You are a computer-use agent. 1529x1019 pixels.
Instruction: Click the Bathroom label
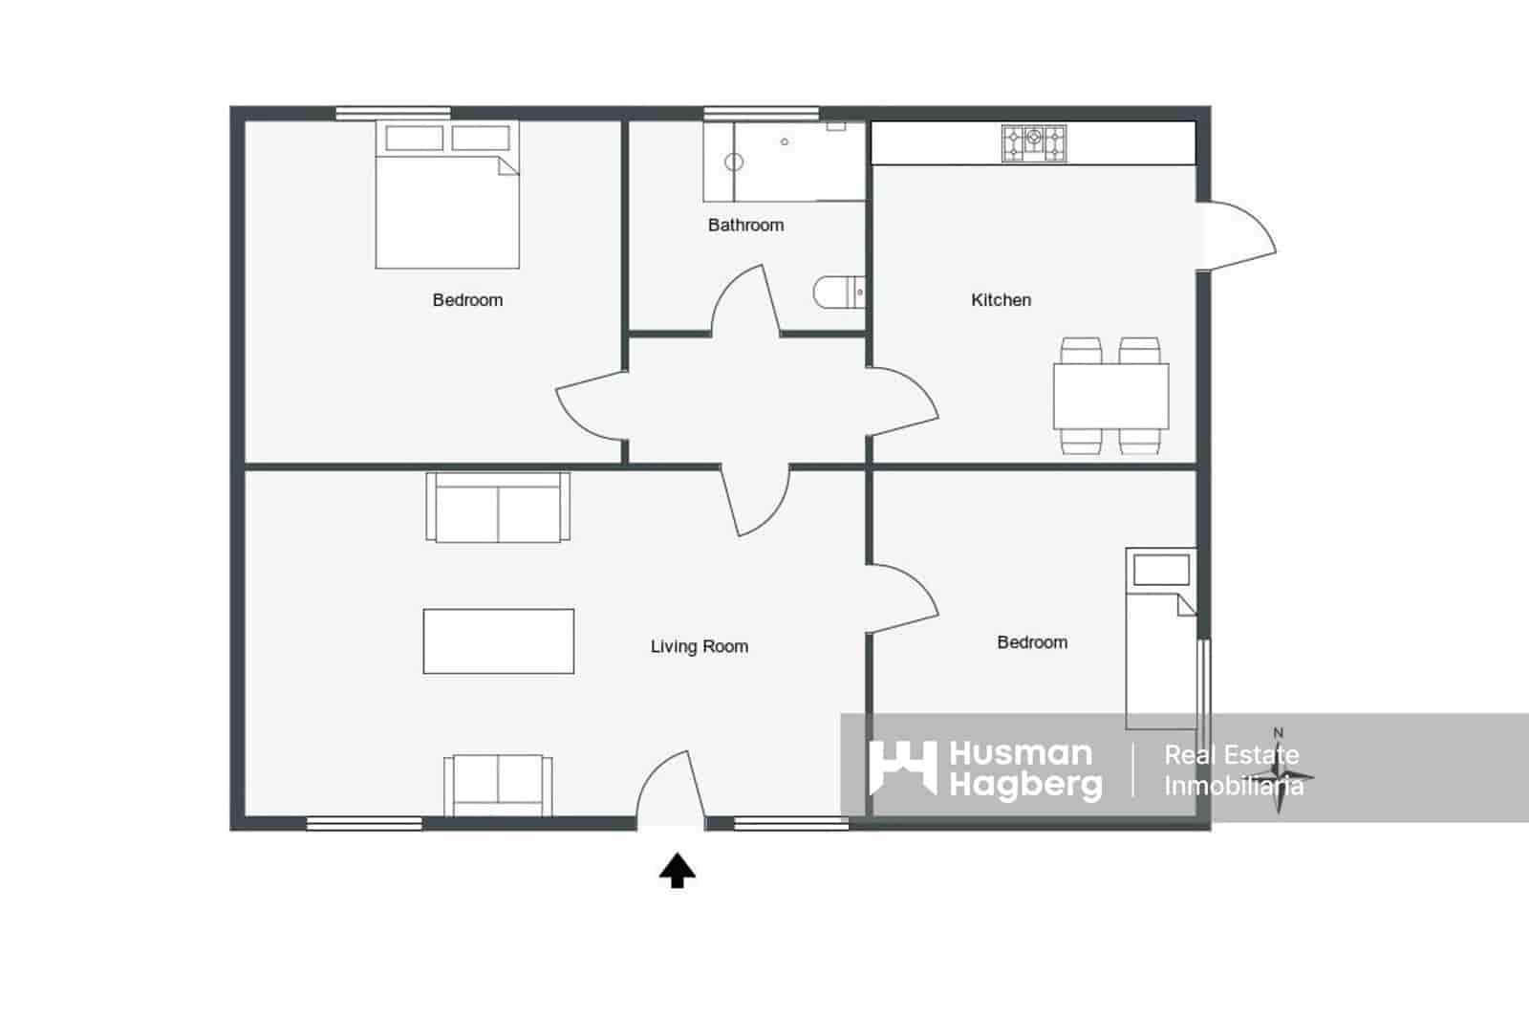click(745, 225)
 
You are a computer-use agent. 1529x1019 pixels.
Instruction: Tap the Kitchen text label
click(1001, 299)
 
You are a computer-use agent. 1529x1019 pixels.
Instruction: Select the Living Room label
click(699, 646)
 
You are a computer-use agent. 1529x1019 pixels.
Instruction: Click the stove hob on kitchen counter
click(1033, 143)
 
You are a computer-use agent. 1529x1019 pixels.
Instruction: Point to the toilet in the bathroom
click(839, 293)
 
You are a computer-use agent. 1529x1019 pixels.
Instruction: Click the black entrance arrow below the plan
click(678, 870)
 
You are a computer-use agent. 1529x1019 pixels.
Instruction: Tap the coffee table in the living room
click(498, 640)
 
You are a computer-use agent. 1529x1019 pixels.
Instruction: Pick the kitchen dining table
click(1110, 396)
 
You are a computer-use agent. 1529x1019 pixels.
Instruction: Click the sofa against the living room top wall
click(498, 507)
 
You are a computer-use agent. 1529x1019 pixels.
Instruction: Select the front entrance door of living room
click(669, 789)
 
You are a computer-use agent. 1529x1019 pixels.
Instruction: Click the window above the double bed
click(393, 113)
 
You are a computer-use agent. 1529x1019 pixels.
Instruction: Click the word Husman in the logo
click(1021, 753)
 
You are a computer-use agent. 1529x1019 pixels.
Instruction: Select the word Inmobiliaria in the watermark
click(1233, 787)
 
